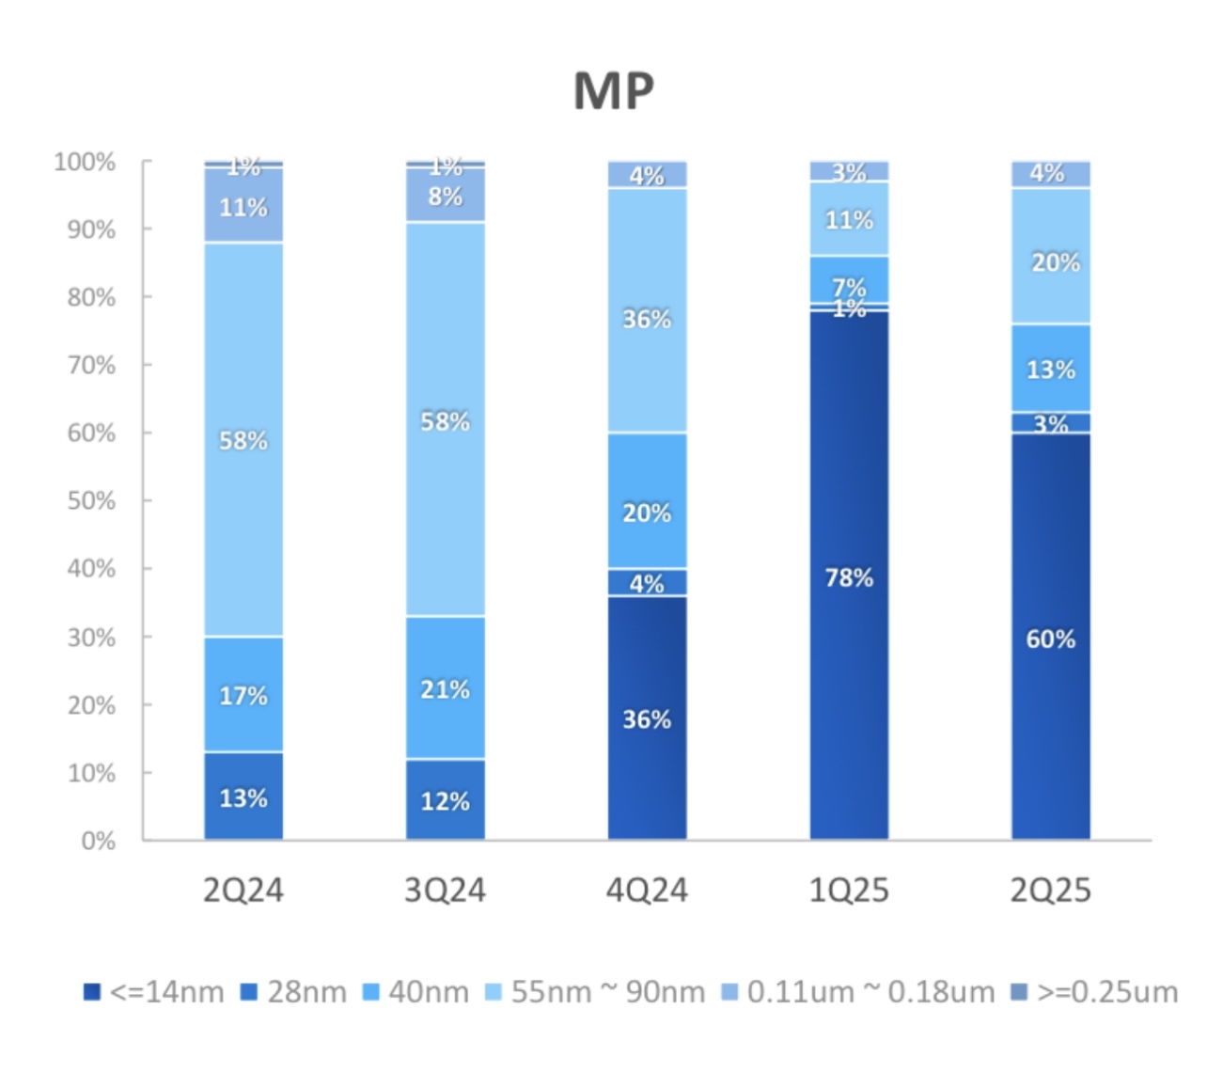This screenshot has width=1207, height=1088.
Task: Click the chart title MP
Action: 613,91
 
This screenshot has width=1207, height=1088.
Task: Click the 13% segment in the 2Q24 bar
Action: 243,796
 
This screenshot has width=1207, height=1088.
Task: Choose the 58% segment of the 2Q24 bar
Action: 243,439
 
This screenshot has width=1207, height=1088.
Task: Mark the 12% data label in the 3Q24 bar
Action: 446,801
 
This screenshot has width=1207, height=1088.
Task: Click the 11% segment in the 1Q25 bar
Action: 849,219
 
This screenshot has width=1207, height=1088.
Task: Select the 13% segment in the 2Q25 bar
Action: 1051,369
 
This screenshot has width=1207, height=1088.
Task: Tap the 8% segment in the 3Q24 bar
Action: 446,196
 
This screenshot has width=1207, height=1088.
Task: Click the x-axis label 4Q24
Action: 647,890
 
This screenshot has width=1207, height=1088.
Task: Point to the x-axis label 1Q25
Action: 849,890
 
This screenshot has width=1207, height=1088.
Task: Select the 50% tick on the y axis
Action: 91,500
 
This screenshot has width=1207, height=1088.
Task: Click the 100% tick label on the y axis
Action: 85,162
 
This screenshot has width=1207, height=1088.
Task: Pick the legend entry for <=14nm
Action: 154,992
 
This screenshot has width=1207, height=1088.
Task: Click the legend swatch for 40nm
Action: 371,992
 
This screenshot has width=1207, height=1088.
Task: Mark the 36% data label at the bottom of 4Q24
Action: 647,719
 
